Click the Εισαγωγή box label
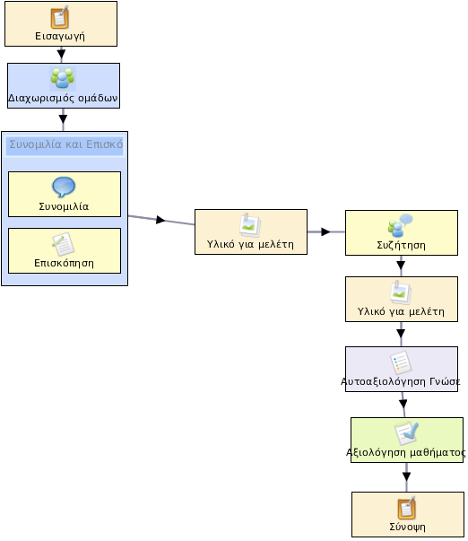click(60, 36)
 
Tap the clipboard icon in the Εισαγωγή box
click(60, 17)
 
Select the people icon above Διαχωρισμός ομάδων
click(63, 79)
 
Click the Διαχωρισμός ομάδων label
click(63, 99)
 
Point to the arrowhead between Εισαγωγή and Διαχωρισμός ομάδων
click(61, 54)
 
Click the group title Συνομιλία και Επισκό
click(65, 144)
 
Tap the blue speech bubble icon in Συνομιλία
click(64, 187)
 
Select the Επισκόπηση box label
click(64, 263)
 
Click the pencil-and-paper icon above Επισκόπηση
click(64, 244)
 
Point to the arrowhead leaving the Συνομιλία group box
click(160, 220)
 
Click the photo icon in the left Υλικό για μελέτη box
click(250, 226)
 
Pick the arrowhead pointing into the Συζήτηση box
click(325, 231)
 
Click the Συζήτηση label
click(401, 245)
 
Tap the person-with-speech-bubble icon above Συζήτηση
click(400, 226)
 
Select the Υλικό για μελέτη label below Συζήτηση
click(401, 312)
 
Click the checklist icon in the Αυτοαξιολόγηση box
click(401, 363)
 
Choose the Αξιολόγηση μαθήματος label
click(406, 452)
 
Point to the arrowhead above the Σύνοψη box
click(407, 476)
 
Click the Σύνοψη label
click(407, 527)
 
